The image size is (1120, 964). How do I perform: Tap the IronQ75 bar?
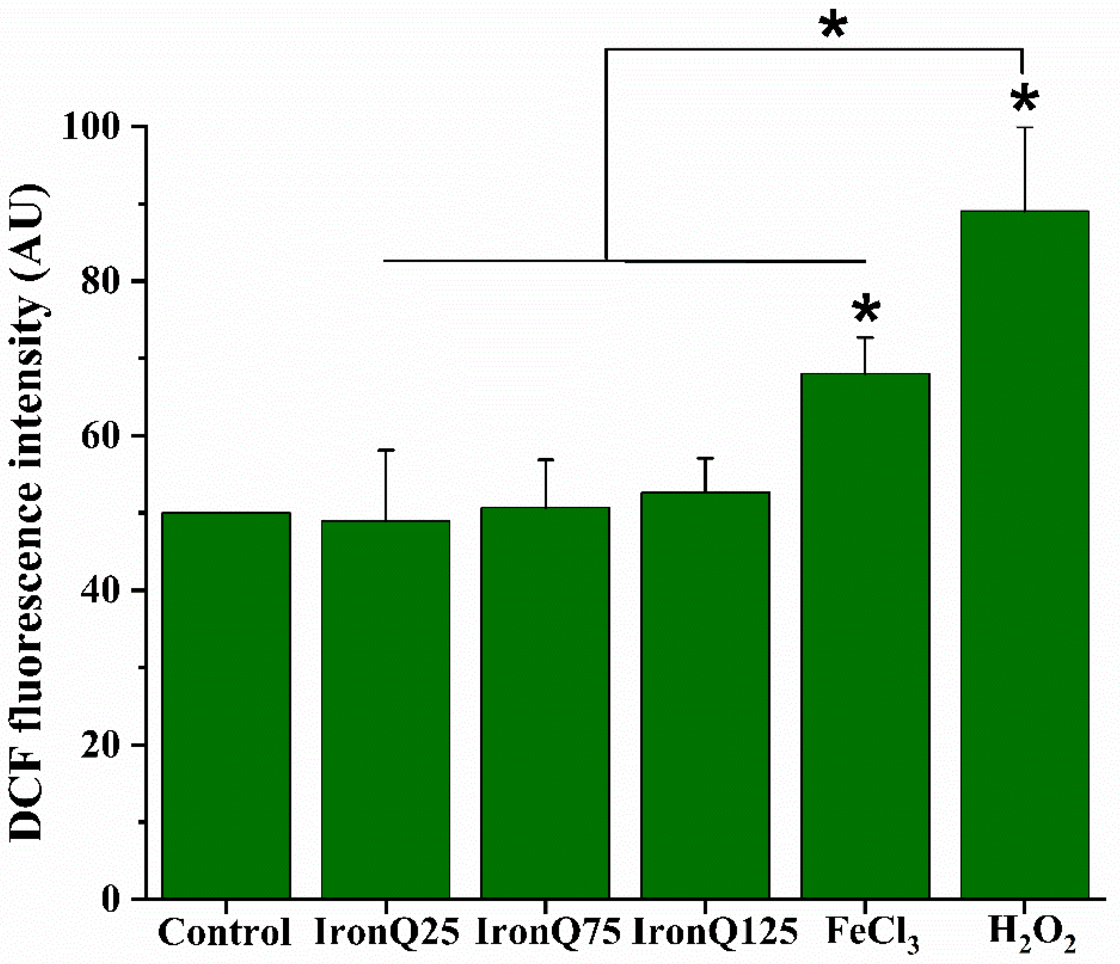(x=545, y=703)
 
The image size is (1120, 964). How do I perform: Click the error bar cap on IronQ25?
(x=385, y=450)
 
